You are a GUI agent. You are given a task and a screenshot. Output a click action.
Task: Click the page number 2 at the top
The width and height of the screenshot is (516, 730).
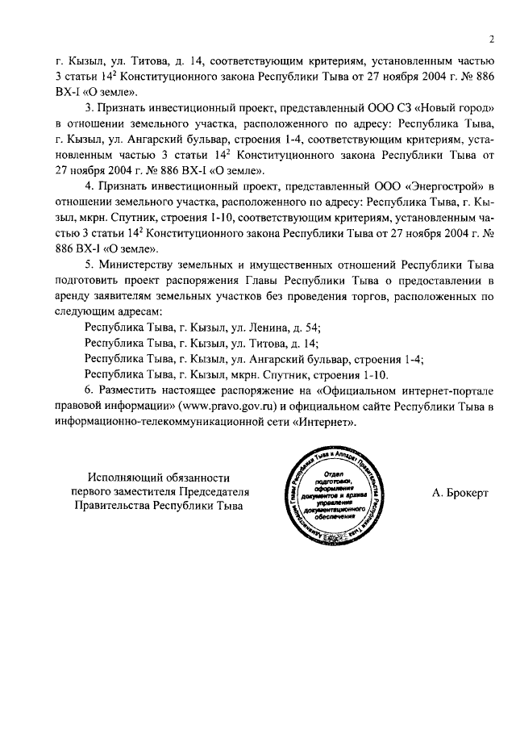coord(489,39)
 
